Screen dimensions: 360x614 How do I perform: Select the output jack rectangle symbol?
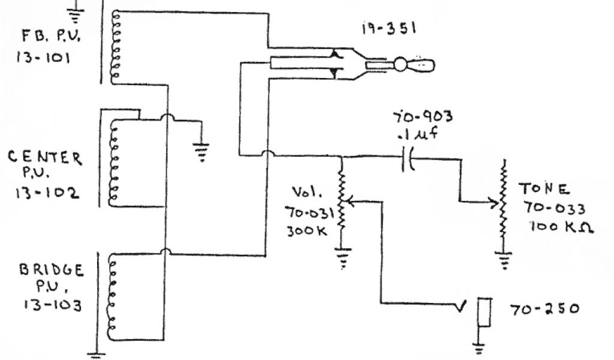[484, 313]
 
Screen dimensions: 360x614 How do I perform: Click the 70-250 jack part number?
[544, 310]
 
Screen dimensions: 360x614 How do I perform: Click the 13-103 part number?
[52, 304]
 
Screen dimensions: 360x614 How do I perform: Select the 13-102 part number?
[46, 195]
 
